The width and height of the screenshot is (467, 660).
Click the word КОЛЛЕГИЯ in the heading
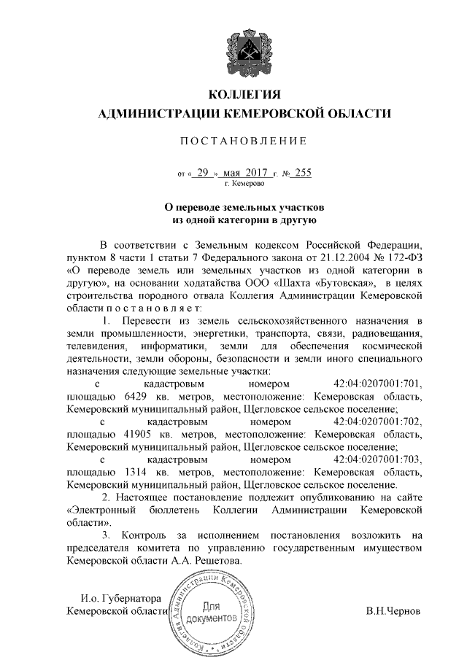coord(244,95)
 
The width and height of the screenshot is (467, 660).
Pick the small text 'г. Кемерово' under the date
coord(244,185)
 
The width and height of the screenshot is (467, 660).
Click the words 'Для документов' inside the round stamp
coord(210,613)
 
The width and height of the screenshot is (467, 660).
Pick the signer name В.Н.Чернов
coord(393,610)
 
